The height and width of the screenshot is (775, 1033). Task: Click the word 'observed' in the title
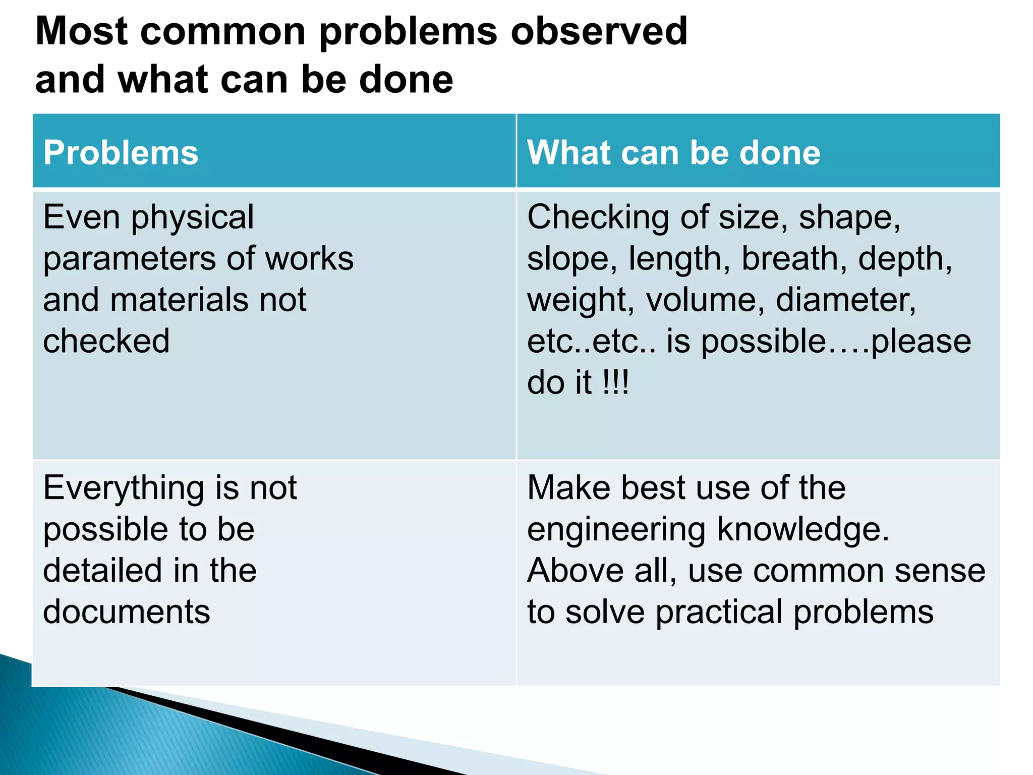[x=599, y=31]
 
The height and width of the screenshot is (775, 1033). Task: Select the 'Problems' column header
[x=121, y=152]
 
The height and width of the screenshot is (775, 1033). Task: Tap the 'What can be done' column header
[x=674, y=152]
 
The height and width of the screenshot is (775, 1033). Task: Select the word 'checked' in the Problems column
[x=106, y=341]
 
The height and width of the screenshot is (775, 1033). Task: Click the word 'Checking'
[x=598, y=218]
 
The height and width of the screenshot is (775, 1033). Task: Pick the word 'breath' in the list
[x=794, y=258]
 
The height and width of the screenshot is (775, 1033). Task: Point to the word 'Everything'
[x=124, y=488]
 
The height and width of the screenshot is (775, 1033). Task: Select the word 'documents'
[x=127, y=612]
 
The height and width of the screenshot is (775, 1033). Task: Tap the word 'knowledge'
[x=802, y=530]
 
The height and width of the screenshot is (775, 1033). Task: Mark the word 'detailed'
[x=101, y=571]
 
